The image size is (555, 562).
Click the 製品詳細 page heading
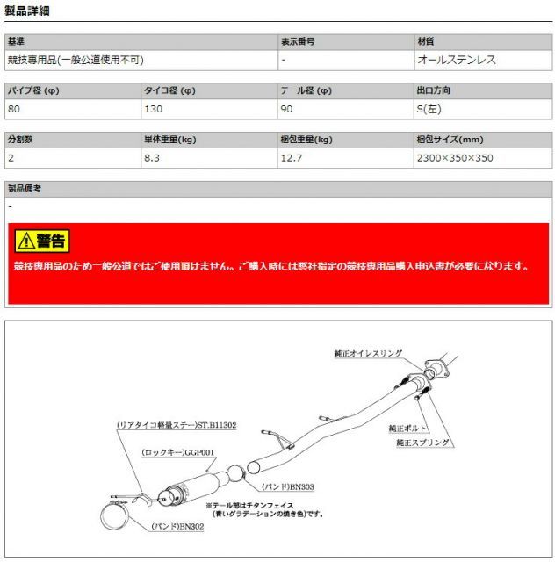coord(27,11)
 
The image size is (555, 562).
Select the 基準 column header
coord(18,41)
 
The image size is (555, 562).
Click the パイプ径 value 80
coord(13,109)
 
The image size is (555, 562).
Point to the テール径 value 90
coord(286,109)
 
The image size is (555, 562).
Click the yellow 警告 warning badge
coord(41,241)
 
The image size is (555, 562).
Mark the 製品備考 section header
coord(24,188)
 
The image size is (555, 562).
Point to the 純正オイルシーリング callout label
coord(368,353)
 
